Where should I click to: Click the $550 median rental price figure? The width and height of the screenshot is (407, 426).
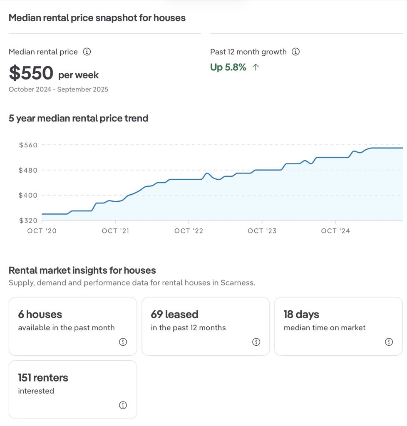[31, 73]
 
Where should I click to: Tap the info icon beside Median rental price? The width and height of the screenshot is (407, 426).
[87, 52]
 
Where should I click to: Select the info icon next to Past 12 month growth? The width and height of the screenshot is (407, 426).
[296, 52]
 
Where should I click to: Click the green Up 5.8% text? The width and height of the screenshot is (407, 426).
[228, 67]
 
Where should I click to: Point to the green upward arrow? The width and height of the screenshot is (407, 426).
[256, 67]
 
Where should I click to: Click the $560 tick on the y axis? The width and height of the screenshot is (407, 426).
[28, 145]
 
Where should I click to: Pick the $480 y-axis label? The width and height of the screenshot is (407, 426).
[28, 170]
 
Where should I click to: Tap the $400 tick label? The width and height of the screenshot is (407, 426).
[28, 195]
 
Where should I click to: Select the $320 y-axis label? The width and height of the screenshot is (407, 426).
[28, 220]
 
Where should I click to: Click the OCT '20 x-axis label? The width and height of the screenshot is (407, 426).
[42, 231]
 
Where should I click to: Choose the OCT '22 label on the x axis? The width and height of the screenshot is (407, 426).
[189, 231]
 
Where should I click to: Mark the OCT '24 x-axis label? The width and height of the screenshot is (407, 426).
[335, 231]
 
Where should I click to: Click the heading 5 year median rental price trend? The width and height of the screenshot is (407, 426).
[78, 119]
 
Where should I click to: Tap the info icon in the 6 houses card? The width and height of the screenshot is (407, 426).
[123, 342]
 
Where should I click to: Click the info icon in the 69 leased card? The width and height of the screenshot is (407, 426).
[256, 342]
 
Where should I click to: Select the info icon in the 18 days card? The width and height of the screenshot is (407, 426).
[389, 342]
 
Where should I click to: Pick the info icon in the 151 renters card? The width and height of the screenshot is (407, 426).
[123, 405]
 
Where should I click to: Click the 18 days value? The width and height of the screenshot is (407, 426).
[301, 315]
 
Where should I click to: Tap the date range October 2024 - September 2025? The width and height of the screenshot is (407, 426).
[58, 89]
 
